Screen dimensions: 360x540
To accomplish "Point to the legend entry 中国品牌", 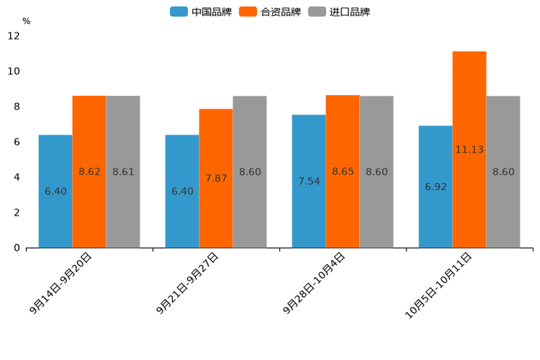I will tap(200, 12).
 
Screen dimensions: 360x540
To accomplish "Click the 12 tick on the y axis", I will tap(14, 36).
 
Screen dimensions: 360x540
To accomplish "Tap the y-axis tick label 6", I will tap(17, 142).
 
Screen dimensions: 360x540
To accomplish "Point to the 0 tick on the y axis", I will tap(17, 248).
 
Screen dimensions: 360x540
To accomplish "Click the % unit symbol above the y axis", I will tap(26, 21).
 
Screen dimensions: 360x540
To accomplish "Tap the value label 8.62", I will tap(89, 172).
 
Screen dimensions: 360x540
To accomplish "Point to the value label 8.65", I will tap(343, 172).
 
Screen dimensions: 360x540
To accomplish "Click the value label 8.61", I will tap(123, 172).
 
